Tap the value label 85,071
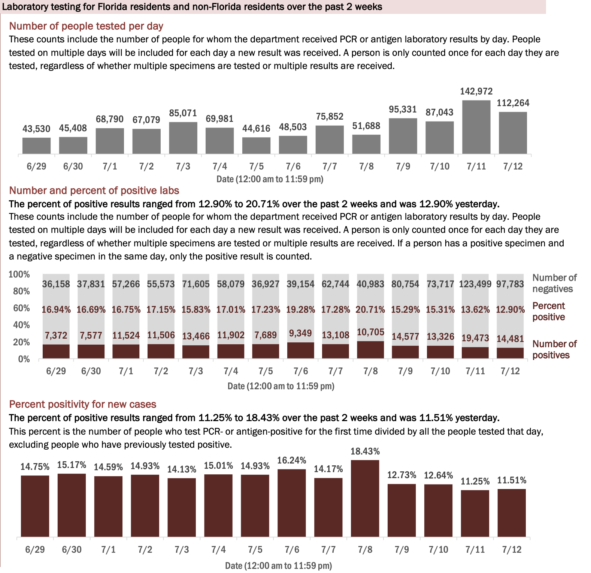(x=183, y=113)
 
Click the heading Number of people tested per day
(x=86, y=26)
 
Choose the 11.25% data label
(x=475, y=481)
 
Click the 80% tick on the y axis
(x=21, y=291)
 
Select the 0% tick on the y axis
(x=24, y=359)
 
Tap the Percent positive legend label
(x=549, y=311)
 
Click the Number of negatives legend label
(x=554, y=283)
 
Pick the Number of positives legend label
(x=554, y=349)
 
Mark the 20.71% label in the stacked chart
(x=370, y=310)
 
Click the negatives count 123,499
(x=475, y=284)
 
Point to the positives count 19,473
(x=475, y=338)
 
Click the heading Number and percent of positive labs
(x=94, y=190)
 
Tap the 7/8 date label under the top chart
(x=366, y=166)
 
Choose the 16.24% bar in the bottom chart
(x=291, y=502)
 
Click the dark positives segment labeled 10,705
(x=370, y=349)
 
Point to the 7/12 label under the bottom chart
(x=512, y=550)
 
